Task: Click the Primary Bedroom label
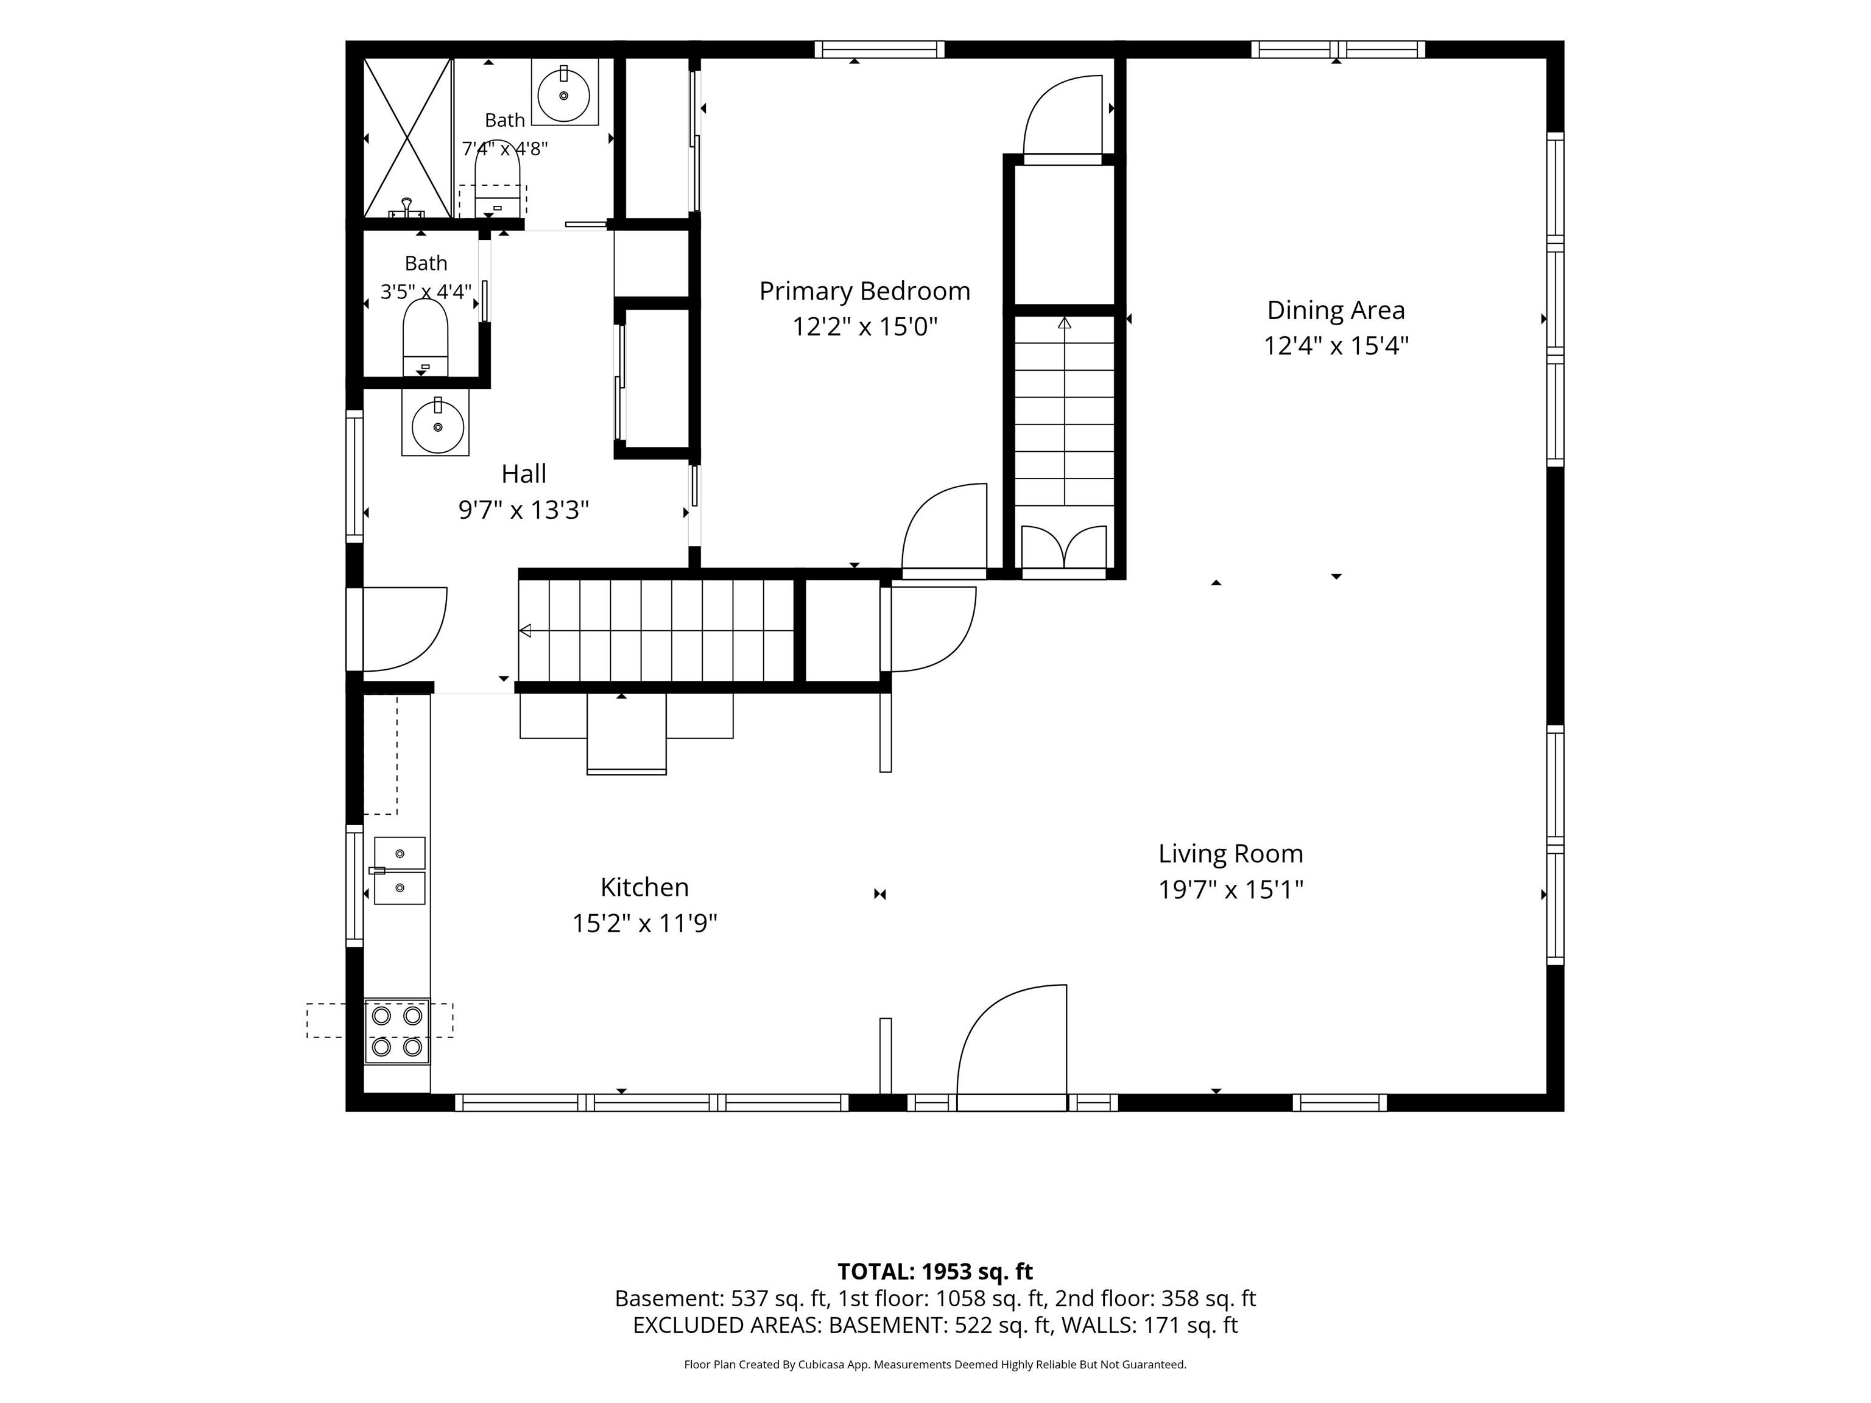tap(864, 291)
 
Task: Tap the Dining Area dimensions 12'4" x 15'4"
tap(1336, 346)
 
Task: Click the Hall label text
tap(524, 474)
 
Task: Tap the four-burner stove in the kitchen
tap(396, 1032)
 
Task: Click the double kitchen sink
tap(400, 870)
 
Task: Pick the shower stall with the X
tap(407, 138)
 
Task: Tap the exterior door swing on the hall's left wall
tap(398, 629)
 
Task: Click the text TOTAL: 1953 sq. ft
tap(935, 1271)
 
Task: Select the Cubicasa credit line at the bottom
tap(935, 1364)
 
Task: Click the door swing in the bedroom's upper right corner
tap(1063, 118)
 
